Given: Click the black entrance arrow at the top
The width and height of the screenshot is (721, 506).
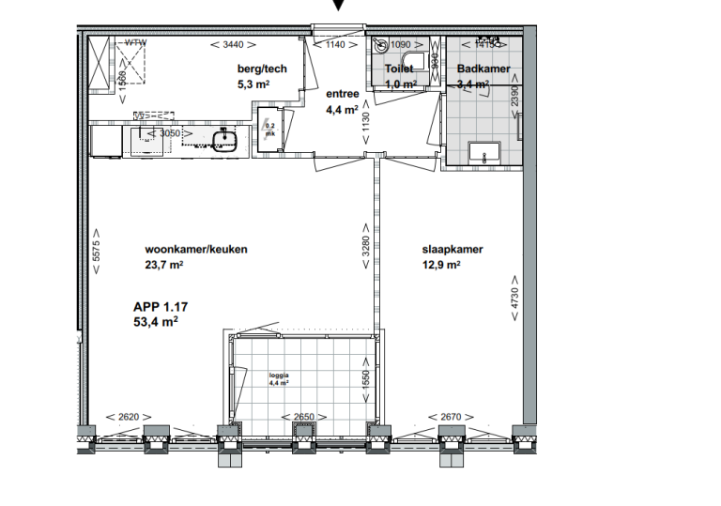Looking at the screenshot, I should pyautogui.click(x=339, y=6).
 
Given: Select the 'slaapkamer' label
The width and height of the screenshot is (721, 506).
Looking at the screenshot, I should pyautogui.click(x=453, y=250).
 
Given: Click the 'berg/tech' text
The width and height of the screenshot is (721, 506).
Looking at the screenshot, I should pyautogui.click(x=262, y=69).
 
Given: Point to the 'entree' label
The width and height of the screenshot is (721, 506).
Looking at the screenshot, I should pyautogui.click(x=342, y=94).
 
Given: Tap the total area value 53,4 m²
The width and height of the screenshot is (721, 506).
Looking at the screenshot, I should pyautogui.click(x=156, y=321).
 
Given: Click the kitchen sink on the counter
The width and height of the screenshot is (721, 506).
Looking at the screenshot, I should pyautogui.click(x=223, y=142).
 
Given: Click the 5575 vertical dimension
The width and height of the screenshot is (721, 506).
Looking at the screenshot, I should pyautogui.click(x=97, y=253).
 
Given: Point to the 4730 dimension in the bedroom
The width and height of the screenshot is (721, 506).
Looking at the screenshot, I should pyautogui.click(x=514, y=298).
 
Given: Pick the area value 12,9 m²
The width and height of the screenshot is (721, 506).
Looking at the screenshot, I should pyautogui.click(x=440, y=265).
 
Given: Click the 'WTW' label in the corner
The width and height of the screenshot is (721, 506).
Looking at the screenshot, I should pyautogui.click(x=136, y=42).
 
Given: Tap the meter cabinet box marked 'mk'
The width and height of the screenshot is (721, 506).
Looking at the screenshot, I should pyautogui.click(x=270, y=130).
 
